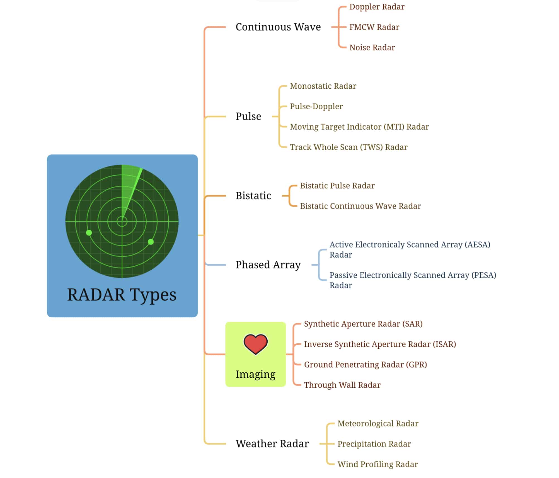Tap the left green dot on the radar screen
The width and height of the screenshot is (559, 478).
click(89, 232)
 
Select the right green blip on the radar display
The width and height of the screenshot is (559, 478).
click(151, 242)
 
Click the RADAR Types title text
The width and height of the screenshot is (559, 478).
click(122, 295)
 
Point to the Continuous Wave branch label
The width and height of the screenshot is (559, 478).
click(278, 27)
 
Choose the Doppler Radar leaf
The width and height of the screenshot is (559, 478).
click(377, 7)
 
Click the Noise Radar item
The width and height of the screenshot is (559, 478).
click(372, 48)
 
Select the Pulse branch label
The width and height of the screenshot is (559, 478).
click(248, 116)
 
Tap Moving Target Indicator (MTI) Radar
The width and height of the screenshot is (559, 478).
click(359, 127)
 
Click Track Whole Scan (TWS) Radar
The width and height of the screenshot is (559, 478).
click(349, 147)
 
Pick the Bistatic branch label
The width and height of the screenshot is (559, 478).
click(253, 196)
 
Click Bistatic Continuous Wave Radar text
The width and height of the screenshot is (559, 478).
click(360, 206)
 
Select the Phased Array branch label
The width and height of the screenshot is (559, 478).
click(268, 265)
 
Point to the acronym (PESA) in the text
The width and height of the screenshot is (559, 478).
click(484, 275)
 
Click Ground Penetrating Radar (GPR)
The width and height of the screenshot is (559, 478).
click(365, 365)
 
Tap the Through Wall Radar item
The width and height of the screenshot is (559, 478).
click(342, 385)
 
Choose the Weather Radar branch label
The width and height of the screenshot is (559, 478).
click(272, 443)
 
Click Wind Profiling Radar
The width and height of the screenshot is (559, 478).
click(377, 464)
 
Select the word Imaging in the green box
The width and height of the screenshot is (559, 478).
click(255, 374)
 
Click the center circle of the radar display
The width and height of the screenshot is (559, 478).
click(122, 222)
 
